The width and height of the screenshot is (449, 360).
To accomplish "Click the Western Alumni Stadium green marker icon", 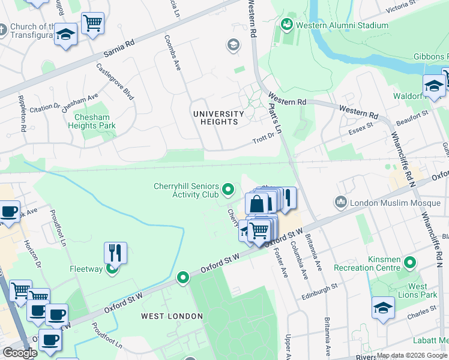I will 286,25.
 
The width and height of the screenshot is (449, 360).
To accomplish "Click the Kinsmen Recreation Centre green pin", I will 410,262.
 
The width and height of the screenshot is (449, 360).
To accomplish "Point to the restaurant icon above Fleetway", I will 115,252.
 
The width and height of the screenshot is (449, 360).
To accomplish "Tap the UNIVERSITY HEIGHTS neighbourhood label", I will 218,118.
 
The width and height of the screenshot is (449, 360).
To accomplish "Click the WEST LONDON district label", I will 172,316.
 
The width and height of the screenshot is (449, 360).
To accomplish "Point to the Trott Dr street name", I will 263,139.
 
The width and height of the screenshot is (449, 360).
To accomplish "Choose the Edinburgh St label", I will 321,288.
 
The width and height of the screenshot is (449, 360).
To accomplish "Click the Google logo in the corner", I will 20,353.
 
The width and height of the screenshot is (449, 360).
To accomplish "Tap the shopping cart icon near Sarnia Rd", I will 92,24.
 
